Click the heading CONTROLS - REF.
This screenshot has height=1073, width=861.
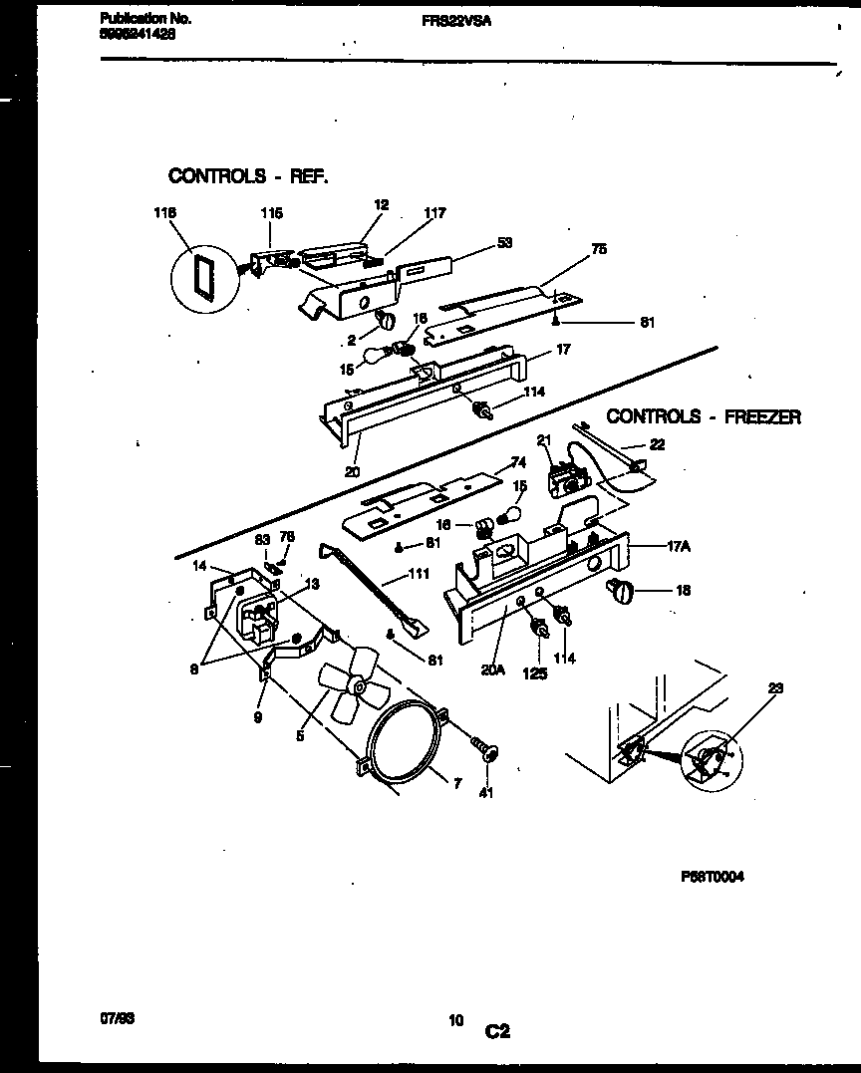[x=247, y=176]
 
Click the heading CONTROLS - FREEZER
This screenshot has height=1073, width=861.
[x=704, y=416]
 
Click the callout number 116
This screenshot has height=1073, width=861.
[x=164, y=213]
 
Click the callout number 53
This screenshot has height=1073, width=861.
[x=505, y=242]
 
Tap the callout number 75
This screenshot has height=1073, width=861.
[x=599, y=249]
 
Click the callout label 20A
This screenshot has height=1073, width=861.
[x=492, y=670]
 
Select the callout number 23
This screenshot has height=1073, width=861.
[x=776, y=686]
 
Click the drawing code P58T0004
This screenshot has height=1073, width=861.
[x=714, y=876]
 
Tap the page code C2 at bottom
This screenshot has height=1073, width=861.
[x=498, y=1033]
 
